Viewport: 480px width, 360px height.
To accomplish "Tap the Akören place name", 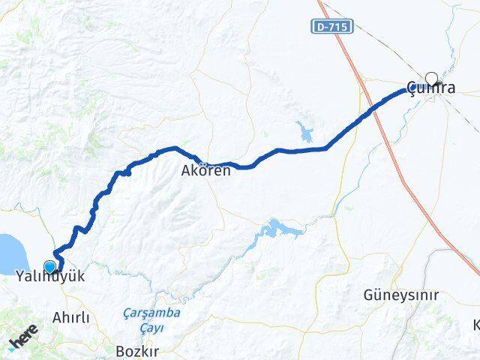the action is click(x=205, y=170).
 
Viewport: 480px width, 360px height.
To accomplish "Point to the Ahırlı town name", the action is click(x=71, y=318).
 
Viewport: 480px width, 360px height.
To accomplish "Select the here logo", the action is click(x=22, y=341).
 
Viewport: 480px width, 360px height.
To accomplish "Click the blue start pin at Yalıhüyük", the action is click(x=50, y=266).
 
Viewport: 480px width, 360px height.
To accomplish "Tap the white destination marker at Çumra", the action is click(x=431, y=77).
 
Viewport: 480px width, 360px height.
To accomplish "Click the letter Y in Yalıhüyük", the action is click(x=20, y=277).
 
